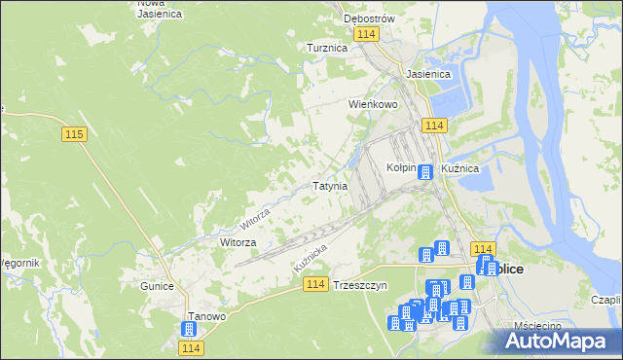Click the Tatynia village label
tap(330, 186)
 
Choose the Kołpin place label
tap(401, 167)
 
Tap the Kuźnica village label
tap(459, 168)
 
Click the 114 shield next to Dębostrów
tap(366, 34)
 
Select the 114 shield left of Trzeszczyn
tap(313, 283)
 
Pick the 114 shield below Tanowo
tap(191, 347)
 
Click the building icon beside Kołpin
tap(424, 172)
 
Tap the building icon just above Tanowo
tap(188, 330)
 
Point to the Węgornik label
tap(19, 263)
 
